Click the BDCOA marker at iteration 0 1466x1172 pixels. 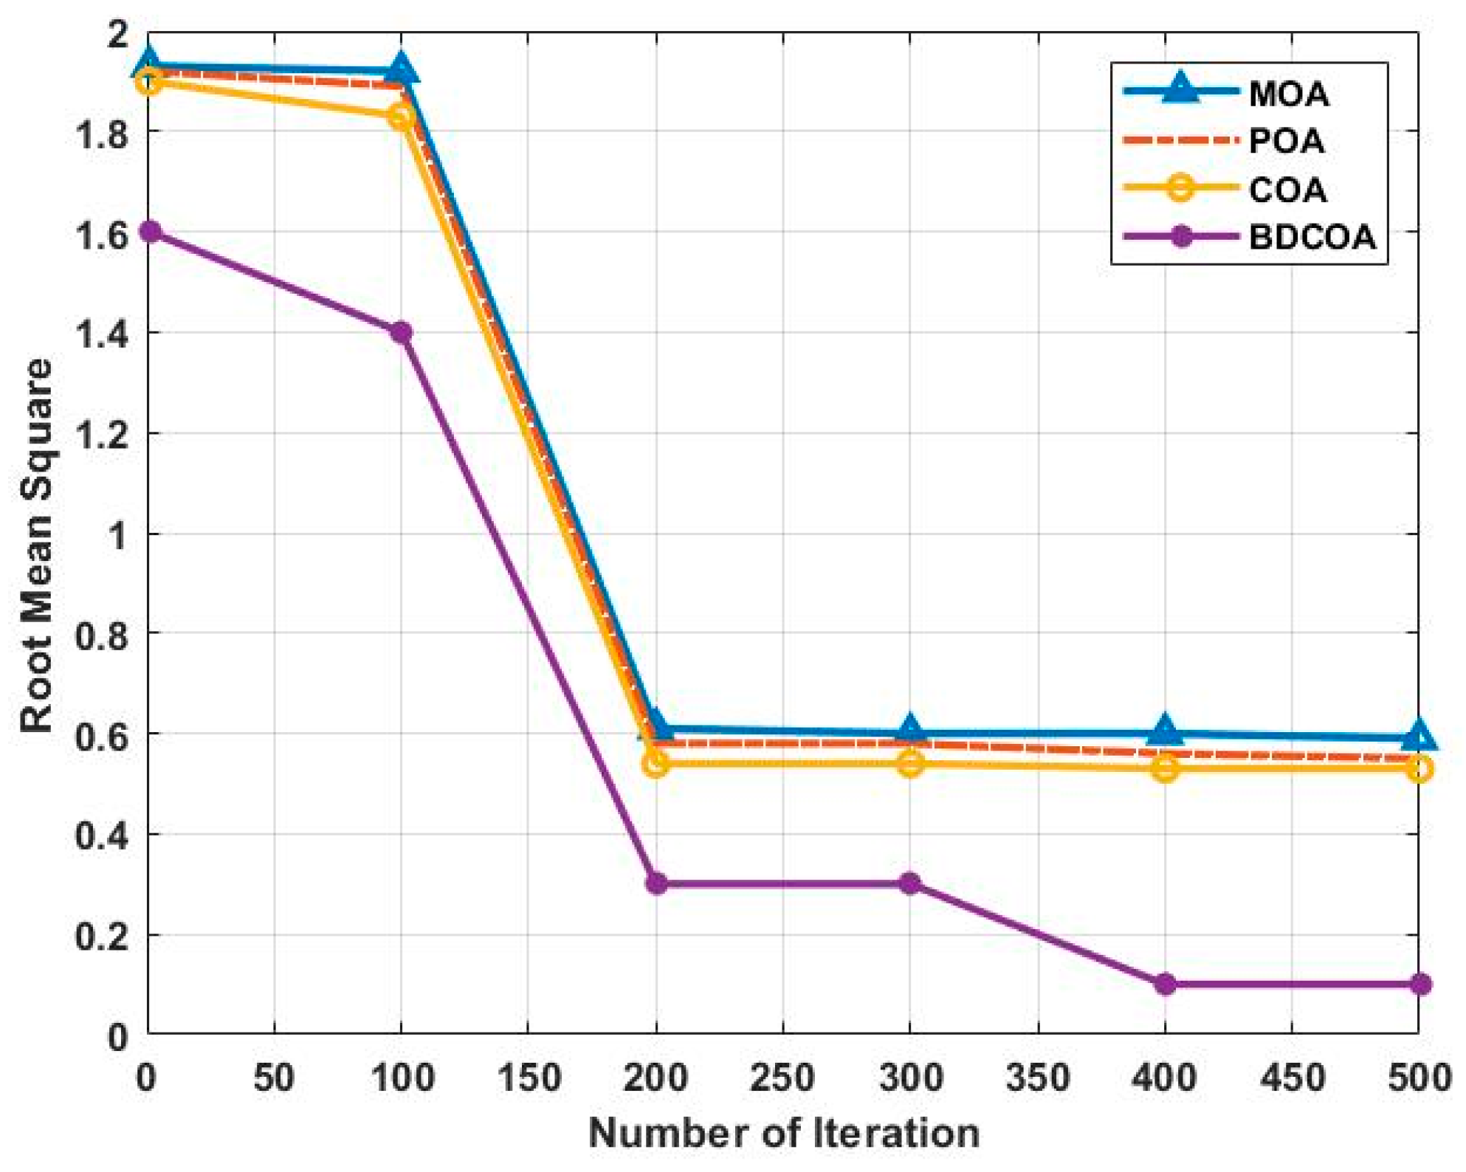(149, 232)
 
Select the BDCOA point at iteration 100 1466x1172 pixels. (401, 332)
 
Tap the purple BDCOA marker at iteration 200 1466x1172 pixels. (656, 883)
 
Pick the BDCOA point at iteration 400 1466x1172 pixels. (1165, 984)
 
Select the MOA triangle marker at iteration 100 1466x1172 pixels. (401, 69)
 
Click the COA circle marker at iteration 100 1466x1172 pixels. (401, 117)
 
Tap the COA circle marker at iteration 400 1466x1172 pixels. (1165, 768)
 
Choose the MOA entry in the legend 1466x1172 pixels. (1288, 94)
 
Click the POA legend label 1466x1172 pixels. (1286, 141)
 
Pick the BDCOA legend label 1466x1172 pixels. (1312, 238)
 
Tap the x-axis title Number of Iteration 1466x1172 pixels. (784, 1133)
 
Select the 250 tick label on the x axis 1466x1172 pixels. (782, 1078)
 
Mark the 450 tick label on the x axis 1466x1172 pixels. (1291, 1078)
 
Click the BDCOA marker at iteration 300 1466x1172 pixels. (910, 883)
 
